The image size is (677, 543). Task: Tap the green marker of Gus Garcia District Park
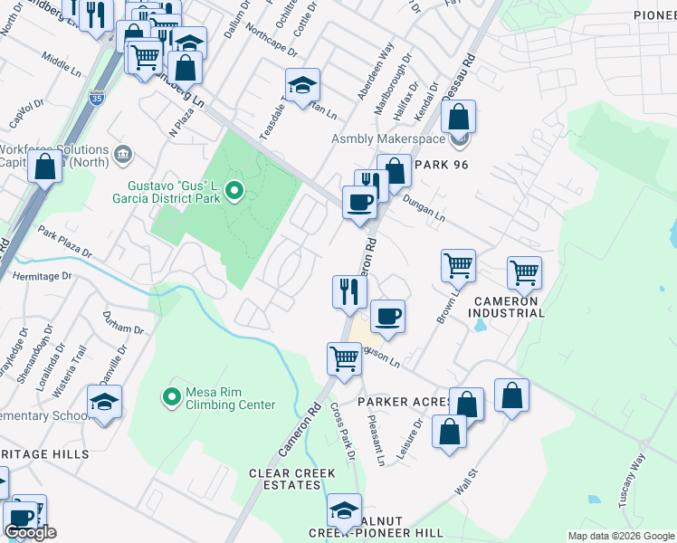click(234, 190)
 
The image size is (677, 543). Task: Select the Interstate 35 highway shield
click(95, 96)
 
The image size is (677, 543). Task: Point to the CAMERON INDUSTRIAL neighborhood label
click(506, 307)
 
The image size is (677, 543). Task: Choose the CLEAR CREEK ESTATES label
click(292, 479)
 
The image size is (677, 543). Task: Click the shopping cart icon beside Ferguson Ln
click(345, 357)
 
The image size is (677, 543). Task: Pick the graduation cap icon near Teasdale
click(302, 85)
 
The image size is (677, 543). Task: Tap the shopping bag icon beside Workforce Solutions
click(44, 167)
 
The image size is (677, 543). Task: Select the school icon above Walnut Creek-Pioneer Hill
click(344, 510)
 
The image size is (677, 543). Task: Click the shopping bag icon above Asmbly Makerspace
click(459, 116)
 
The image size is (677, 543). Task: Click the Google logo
click(30, 533)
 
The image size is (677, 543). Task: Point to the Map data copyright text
click(620, 536)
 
